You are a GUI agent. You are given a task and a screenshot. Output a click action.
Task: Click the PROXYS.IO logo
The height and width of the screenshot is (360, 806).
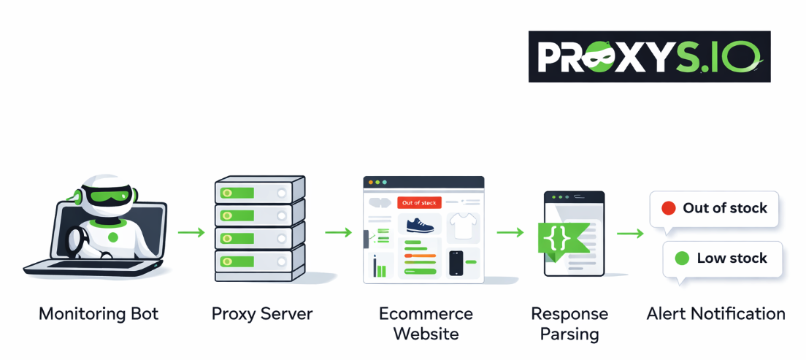(x=649, y=56)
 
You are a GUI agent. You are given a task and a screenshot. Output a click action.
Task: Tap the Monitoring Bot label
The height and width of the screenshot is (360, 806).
(x=99, y=314)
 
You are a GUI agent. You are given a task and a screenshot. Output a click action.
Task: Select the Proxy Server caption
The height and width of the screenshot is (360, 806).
(x=262, y=314)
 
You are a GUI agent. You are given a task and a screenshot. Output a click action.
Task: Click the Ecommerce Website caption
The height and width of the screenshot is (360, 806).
(x=426, y=323)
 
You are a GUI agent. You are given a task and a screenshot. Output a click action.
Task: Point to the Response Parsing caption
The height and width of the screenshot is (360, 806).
(x=569, y=323)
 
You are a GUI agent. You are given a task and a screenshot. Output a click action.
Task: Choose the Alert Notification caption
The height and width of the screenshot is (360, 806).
(x=715, y=314)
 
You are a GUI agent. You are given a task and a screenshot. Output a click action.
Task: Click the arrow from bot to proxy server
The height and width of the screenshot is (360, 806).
(x=191, y=232)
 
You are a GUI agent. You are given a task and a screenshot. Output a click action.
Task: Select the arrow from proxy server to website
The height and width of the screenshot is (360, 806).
(x=338, y=232)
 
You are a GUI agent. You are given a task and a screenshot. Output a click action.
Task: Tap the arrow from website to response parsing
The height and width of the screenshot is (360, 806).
(x=510, y=232)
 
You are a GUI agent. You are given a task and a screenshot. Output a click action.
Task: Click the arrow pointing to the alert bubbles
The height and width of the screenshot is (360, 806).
(x=630, y=234)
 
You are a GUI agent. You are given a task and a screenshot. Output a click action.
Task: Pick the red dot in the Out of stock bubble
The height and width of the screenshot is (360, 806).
(x=668, y=208)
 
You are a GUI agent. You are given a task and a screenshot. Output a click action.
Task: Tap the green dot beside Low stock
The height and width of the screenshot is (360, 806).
(x=682, y=258)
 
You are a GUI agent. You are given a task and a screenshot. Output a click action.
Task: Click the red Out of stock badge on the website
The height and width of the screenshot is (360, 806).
(x=419, y=202)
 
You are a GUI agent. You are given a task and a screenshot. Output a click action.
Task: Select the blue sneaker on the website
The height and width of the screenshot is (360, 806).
(x=420, y=225)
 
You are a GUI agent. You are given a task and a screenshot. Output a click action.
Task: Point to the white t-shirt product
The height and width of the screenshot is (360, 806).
(x=462, y=226)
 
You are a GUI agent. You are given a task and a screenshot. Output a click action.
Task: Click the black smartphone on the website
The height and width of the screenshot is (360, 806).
(x=456, y=263)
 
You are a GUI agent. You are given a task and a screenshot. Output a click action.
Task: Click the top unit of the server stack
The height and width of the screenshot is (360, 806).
(x=259, y=192)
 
